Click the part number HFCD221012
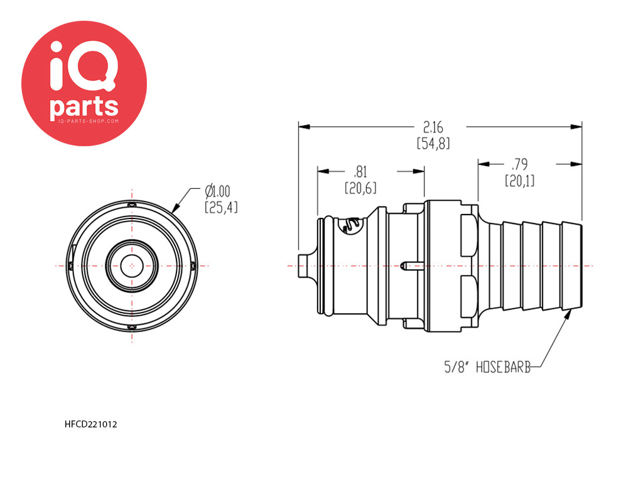[90, 424]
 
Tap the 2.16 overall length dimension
[433, 127]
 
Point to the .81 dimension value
[360, 172]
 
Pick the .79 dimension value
[519, 164]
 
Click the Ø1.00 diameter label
[218, 191]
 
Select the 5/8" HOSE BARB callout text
[487, 367]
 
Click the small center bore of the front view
[132, 266]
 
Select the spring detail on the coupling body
[351, 225]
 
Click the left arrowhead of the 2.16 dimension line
[304, 127]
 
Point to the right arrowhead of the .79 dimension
[576, 164]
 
